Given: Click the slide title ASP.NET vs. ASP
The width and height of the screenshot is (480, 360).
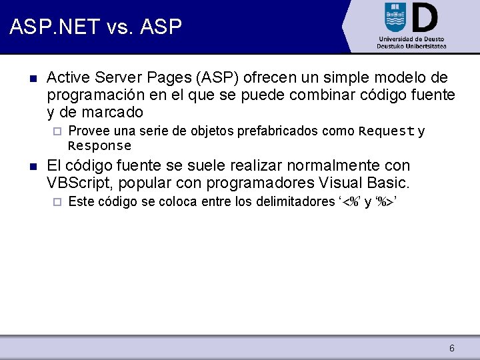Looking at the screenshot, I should pyautogui.click(x=95, y=27).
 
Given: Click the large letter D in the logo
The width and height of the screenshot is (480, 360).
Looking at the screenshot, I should pyautogui.click(x=424, y=17).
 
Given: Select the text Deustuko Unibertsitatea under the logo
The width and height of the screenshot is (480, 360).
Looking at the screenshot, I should pyautogui.click(x=411, y=46).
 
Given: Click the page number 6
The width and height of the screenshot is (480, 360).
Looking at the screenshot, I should pyautogui.click(x=452, y=348).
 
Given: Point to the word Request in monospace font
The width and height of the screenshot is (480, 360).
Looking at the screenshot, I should pyautogui.click(x=387, y=131).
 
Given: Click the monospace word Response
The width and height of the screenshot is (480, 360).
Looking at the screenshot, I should pyautogui.click(x=100, y=145).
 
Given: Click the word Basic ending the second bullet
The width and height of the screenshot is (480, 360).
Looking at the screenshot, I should pyautogui.click(x=387, y=183).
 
